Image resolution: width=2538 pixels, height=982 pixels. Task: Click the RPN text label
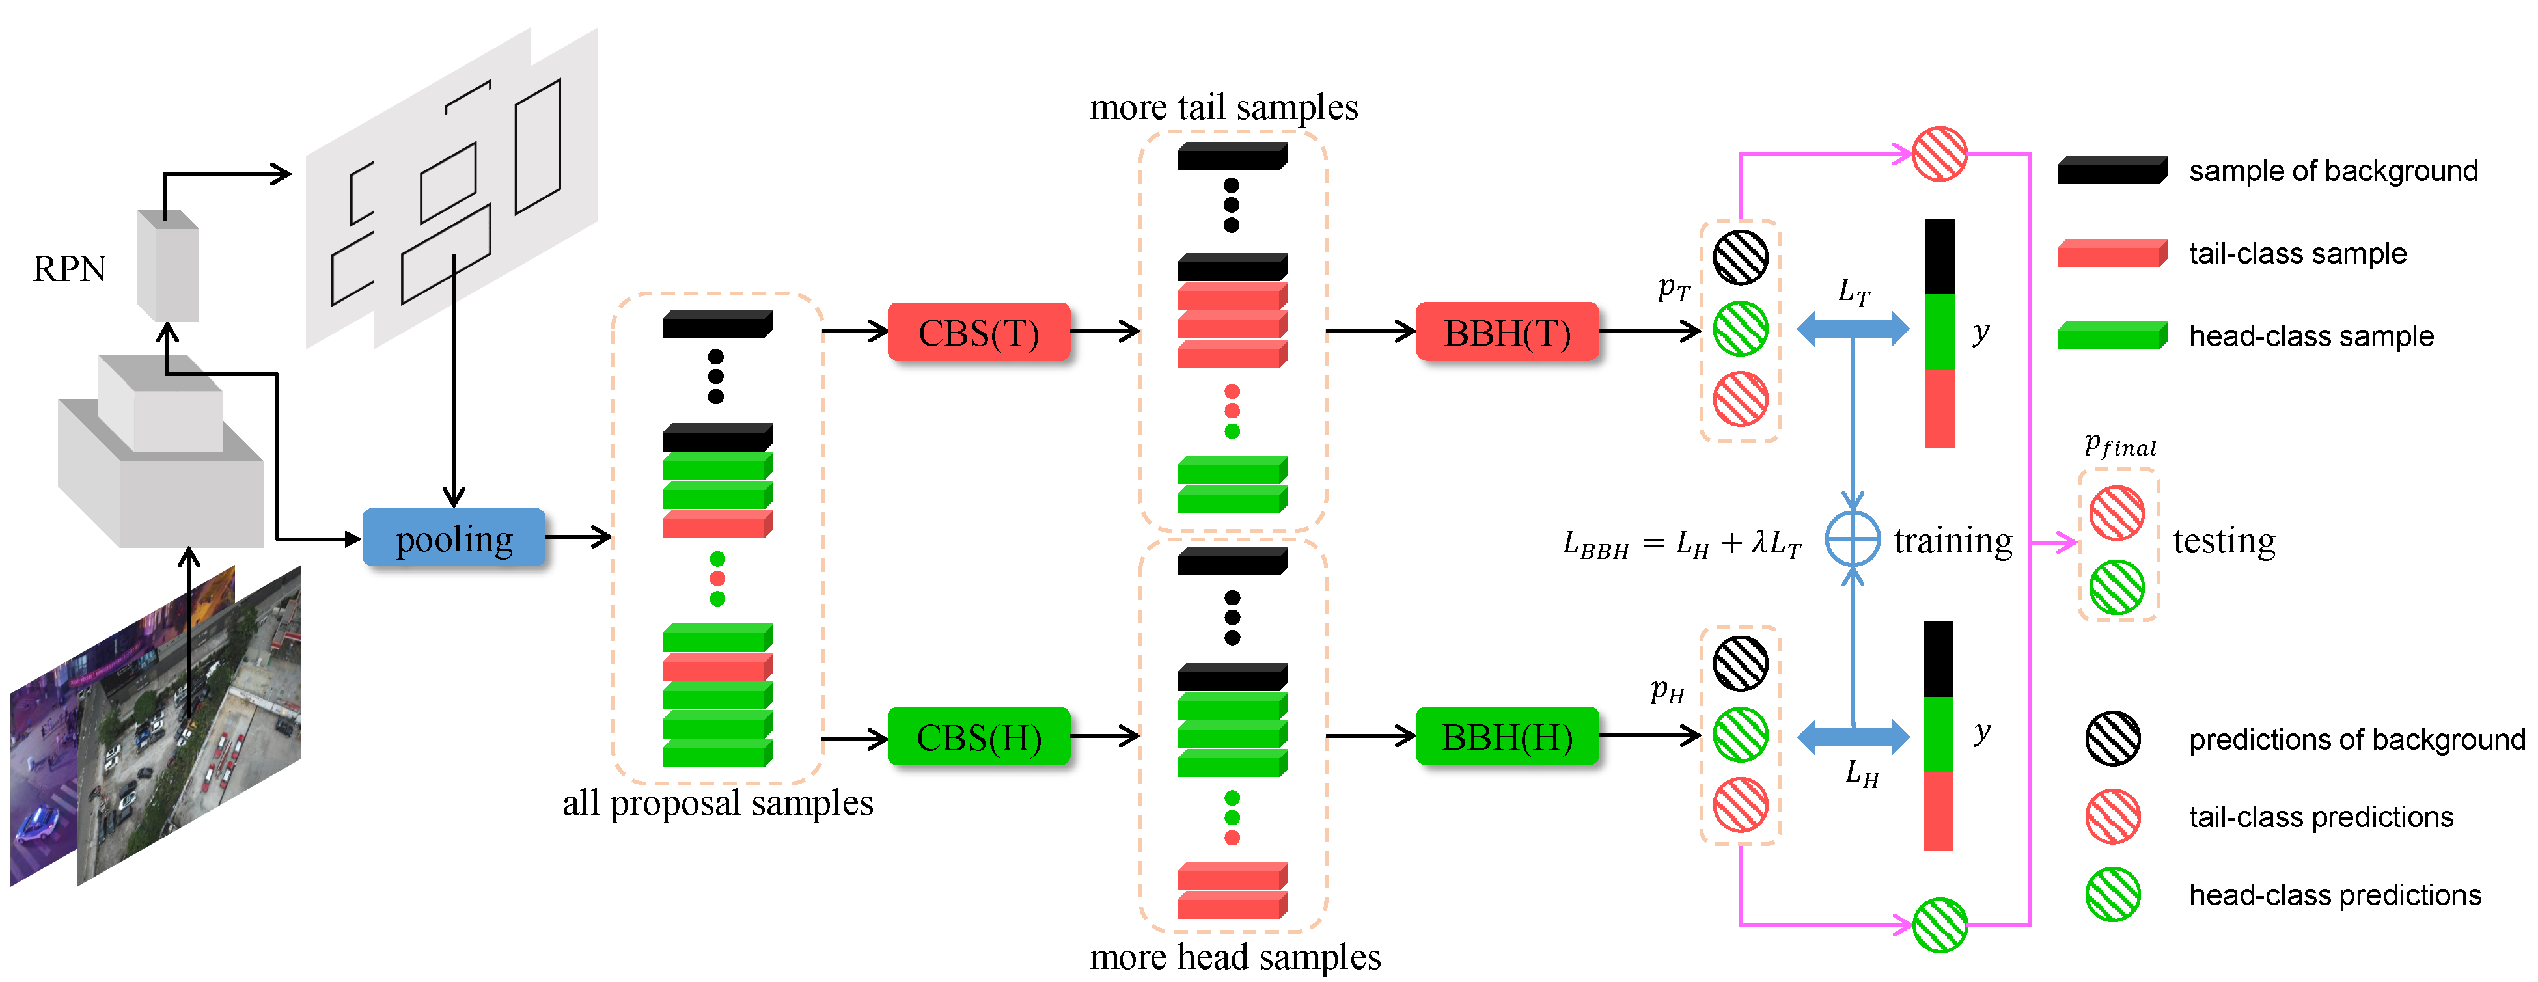coord(69,269)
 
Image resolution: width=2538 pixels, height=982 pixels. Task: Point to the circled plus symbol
coord(1853,539)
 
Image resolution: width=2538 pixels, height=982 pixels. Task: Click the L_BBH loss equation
coord(1682,543)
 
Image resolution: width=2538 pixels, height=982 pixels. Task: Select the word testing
coord(2224,541)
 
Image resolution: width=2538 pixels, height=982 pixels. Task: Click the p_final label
coord(2120,445)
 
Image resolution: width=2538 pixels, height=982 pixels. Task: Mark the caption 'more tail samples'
coord(1224,106)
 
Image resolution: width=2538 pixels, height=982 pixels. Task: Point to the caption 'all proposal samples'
coord(717,803)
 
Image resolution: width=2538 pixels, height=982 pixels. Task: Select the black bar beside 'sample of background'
coord(2112,170)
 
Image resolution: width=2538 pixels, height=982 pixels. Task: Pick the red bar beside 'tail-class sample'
coord(2112,253)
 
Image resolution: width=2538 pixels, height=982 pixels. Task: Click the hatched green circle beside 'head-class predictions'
coord(2112,894)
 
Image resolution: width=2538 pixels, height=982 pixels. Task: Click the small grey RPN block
coord(167,266)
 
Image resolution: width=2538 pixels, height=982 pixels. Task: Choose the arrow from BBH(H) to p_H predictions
coord(1650,735)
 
